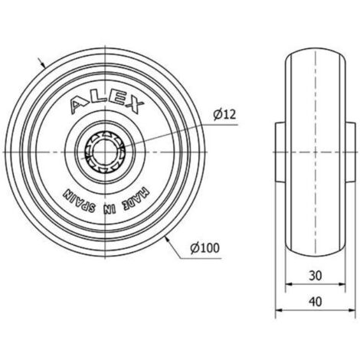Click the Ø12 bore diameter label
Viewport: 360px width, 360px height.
pos(224,115)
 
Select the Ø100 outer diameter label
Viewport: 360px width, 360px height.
pos(205,247)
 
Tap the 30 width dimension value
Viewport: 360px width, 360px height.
pos(316,276)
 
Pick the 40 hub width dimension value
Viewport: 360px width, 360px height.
pos(316,302)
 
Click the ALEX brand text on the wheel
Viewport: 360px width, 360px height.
pos(106,104)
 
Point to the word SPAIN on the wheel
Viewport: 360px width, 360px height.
pos(79,202)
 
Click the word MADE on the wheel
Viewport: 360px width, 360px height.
pos(136,199)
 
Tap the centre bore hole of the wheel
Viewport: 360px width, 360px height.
pos(105,152)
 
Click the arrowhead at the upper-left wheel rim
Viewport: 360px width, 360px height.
pos(43,64)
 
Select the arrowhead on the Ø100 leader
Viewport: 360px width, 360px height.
pos(167,240)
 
